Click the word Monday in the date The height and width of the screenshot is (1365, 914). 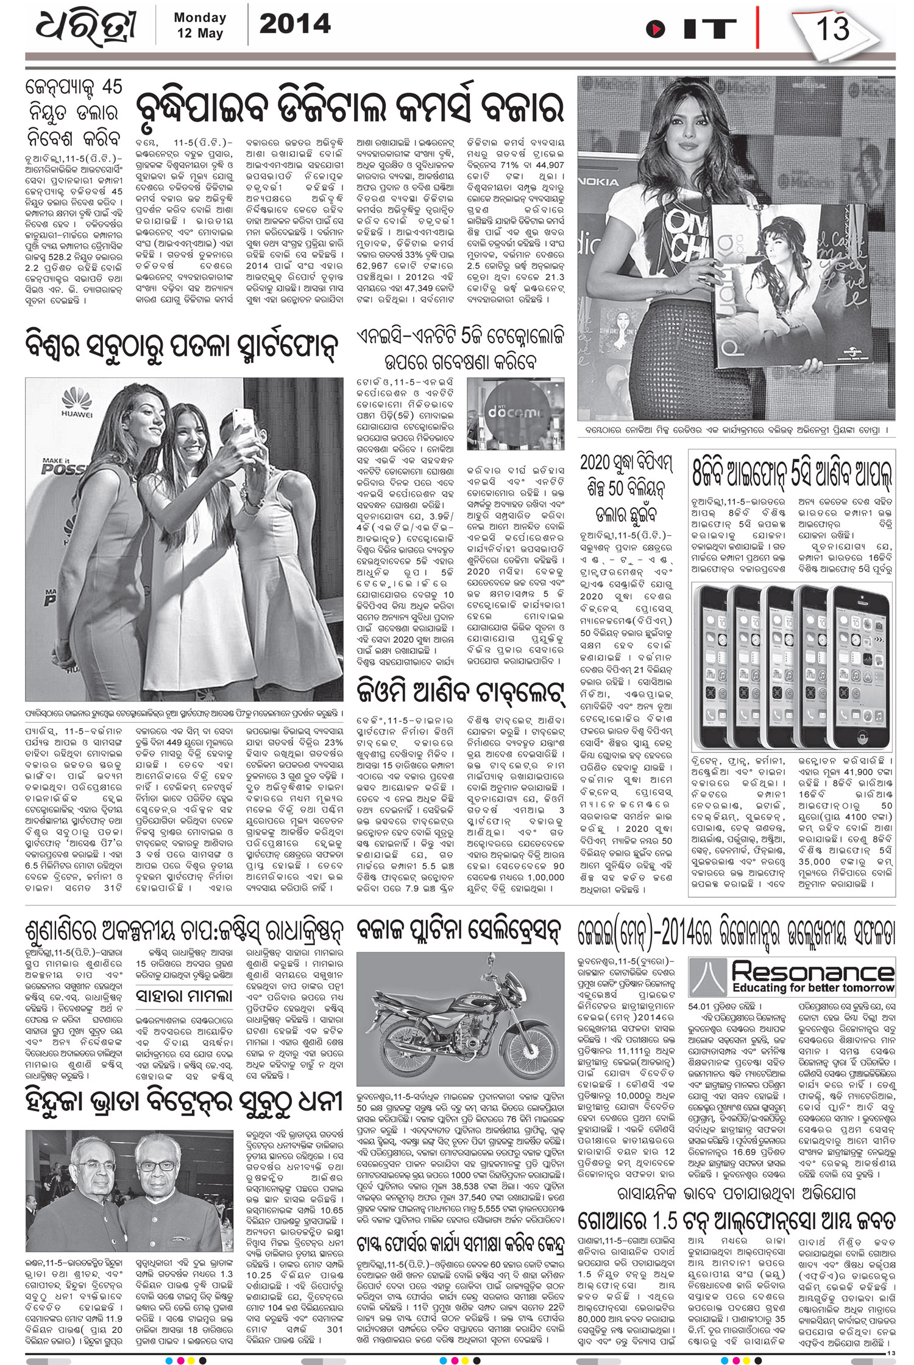point(200,18)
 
